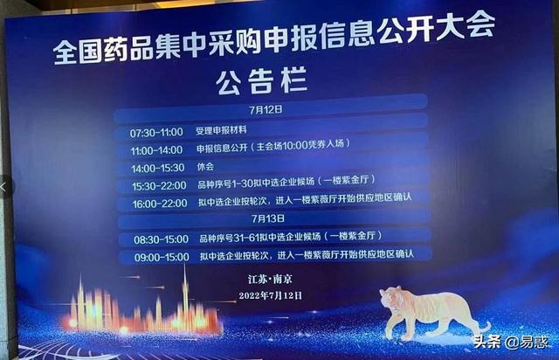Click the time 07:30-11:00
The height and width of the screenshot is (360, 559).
point(156,132)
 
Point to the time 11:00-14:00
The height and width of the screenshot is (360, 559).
point(156,149)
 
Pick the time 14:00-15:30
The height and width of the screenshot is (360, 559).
point(156,167)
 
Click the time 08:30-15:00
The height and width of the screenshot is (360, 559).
point(161,238)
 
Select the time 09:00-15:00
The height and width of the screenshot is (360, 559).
point(161,256)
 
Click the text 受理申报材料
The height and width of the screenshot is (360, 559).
point(223,131)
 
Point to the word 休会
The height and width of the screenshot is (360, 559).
point(205,166)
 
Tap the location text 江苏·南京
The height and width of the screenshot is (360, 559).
point(269,280)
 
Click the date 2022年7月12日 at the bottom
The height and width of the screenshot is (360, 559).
point(270,296)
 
